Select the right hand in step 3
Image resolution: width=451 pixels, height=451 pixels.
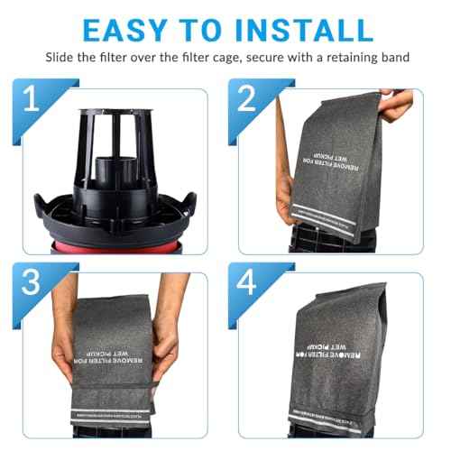[186, 343]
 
